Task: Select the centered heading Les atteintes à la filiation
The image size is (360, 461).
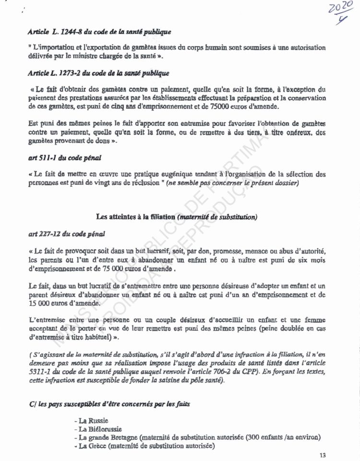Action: pyautogui.click(x=177, y=217)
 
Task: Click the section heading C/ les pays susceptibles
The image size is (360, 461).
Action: pyautogui.click(x=109, y=404)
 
